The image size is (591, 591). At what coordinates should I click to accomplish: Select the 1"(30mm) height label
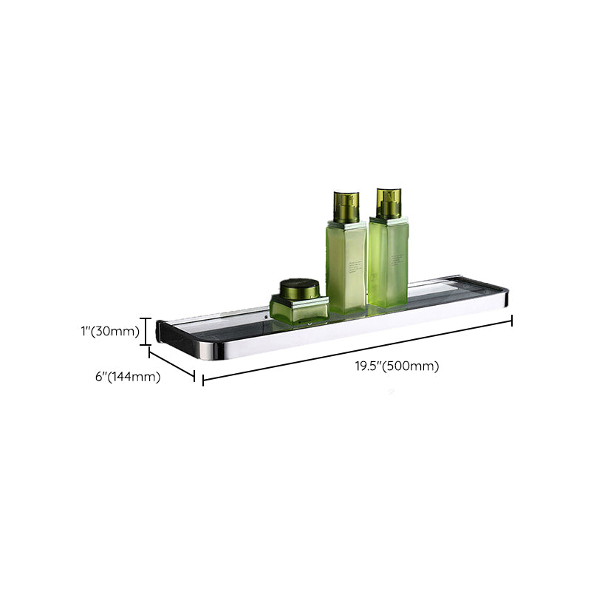coord(110,331)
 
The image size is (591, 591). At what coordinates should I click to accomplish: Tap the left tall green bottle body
coord(346,266)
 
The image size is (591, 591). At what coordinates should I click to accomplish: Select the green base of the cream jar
coord(298,310)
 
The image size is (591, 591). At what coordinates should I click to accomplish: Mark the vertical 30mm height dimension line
coord(147,331)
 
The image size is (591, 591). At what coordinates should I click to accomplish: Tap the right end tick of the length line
coord(512,320)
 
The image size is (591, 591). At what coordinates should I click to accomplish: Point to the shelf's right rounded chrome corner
coord(505,299)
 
